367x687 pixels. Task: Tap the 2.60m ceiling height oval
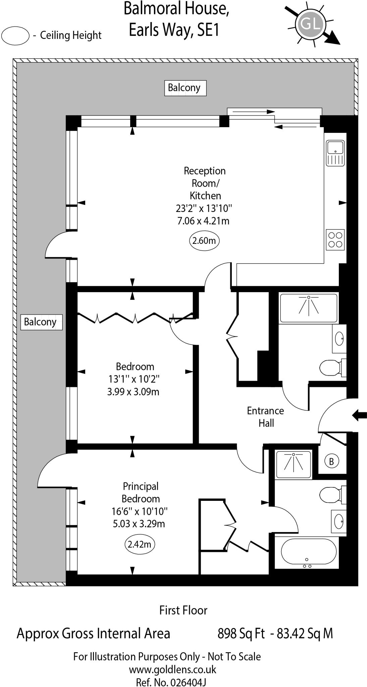(x=204, y=241)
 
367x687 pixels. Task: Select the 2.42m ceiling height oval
(x=139, y=544)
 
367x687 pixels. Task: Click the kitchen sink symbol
(x=335, y=153)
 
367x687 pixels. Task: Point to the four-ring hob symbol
(x=335, y=240)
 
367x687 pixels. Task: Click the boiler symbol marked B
(x=331, y=462)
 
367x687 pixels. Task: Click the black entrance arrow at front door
(x=359, y=416)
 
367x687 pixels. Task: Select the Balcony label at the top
(x=185, y=88)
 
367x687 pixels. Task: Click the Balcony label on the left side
(x=41, y=322)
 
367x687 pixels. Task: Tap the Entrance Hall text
(x=266, y=417)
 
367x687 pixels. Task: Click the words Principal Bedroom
(x=141, y=492)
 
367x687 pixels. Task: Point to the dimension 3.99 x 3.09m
(x=133, y=391)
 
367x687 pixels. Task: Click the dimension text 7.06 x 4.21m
(x=203, y=221)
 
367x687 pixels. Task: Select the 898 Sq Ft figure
(x=241, y=634)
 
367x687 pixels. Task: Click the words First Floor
(x=183, y=610)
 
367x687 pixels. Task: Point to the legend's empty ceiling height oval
(x=15, y=36)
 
